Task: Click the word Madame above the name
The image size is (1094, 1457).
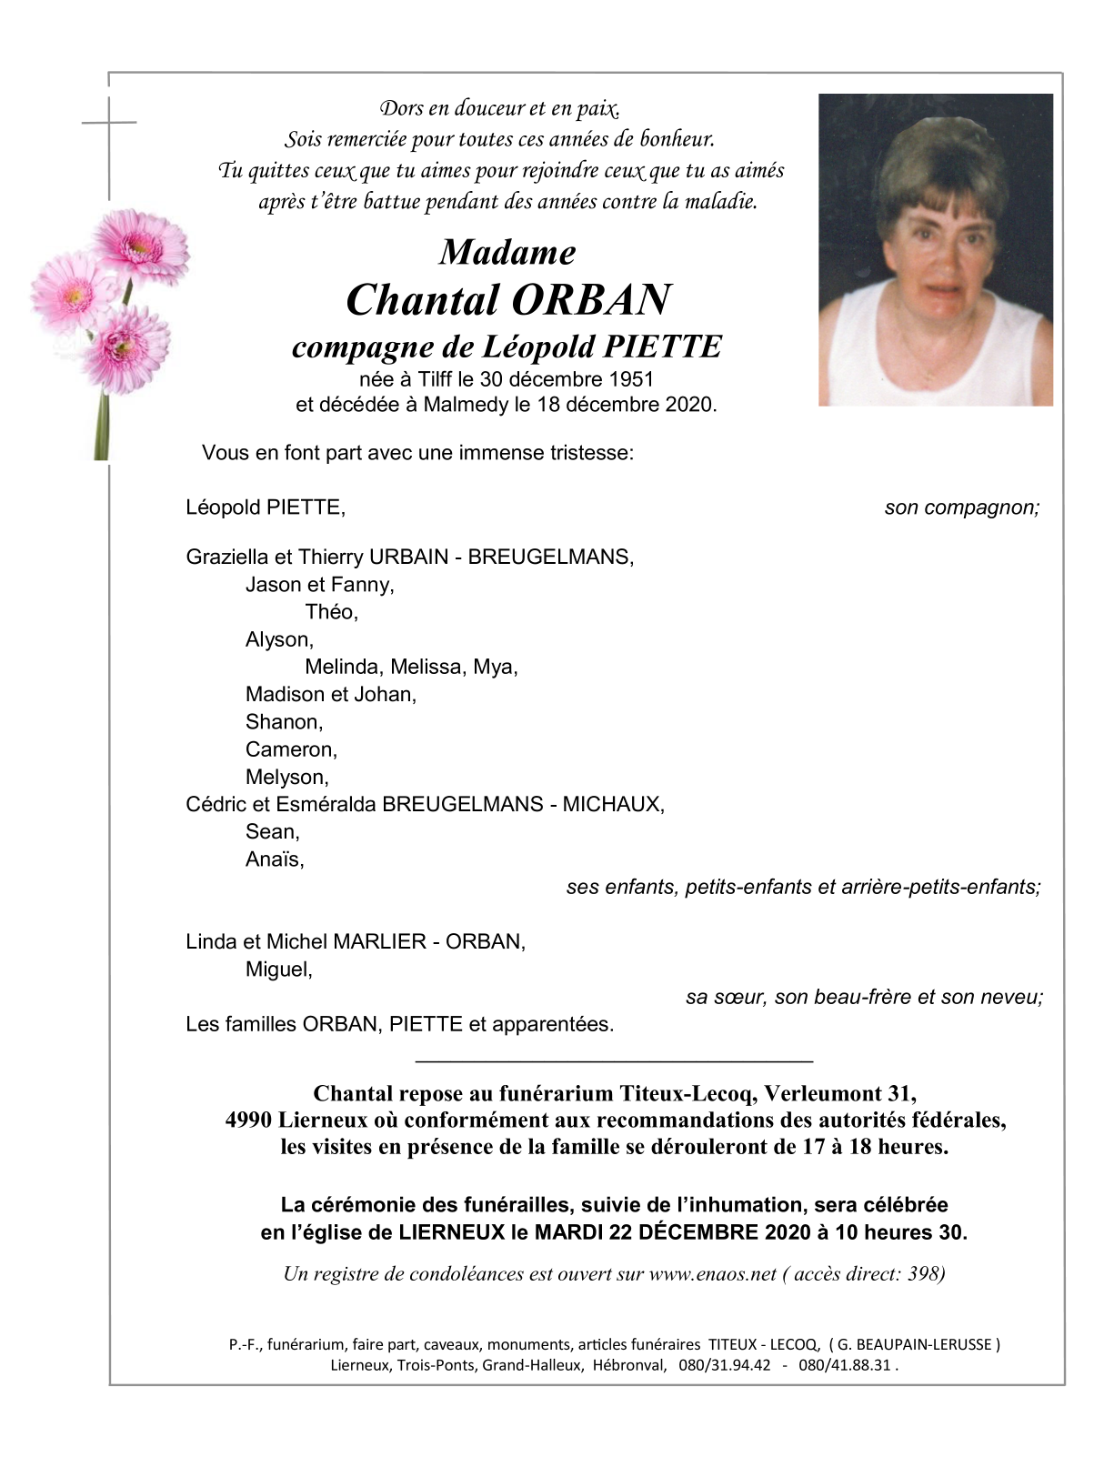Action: pyautogui.click(x=507, y=253)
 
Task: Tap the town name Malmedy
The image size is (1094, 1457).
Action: pyautogui.click(x=466, y=405)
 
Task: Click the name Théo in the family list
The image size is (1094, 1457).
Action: pyautogui.click(x=330, y=612)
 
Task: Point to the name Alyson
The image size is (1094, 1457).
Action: pyautogui.click(x=278, y=639)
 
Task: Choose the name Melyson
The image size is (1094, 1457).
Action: pyautogui.click(x=286, y=777)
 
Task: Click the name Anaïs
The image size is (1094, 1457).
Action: pyautogui.click(x=274, y=859)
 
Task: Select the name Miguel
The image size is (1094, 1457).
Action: pyautogui.click(x=277, y=970)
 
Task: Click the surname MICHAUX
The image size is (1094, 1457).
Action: pyautogui.click(x=612, y=804)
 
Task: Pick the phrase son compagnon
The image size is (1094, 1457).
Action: pyautogui.click(x=961, y=507)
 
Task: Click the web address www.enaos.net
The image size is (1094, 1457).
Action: pyautogui.click(x=712, y=1273)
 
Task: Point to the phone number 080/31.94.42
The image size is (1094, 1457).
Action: pyautogui.click(x=724, y=1365)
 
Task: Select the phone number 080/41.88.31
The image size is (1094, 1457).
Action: pyautogui.click(x=844, y=1365)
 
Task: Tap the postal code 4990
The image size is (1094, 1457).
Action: pyautogui.click(x=248, y=1120)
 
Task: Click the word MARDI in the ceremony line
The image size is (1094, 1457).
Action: pyautogui.click(x=568, y=1233)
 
